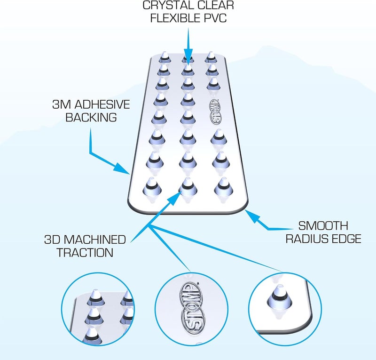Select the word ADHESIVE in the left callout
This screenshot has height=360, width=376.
click(x=102, y=104)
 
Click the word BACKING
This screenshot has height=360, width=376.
click(x=91, y=118)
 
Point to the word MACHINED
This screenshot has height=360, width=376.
click(x=95, y=240)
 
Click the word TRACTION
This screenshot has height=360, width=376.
click(x=85, y=253)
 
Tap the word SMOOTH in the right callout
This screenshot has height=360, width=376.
click(x=323, y=226)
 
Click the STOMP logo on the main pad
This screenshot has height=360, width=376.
click(x=216, y=112)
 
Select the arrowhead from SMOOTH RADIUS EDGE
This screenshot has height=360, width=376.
click(x=252, y=216)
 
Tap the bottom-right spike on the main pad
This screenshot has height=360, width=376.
click(x=224, y=187)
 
